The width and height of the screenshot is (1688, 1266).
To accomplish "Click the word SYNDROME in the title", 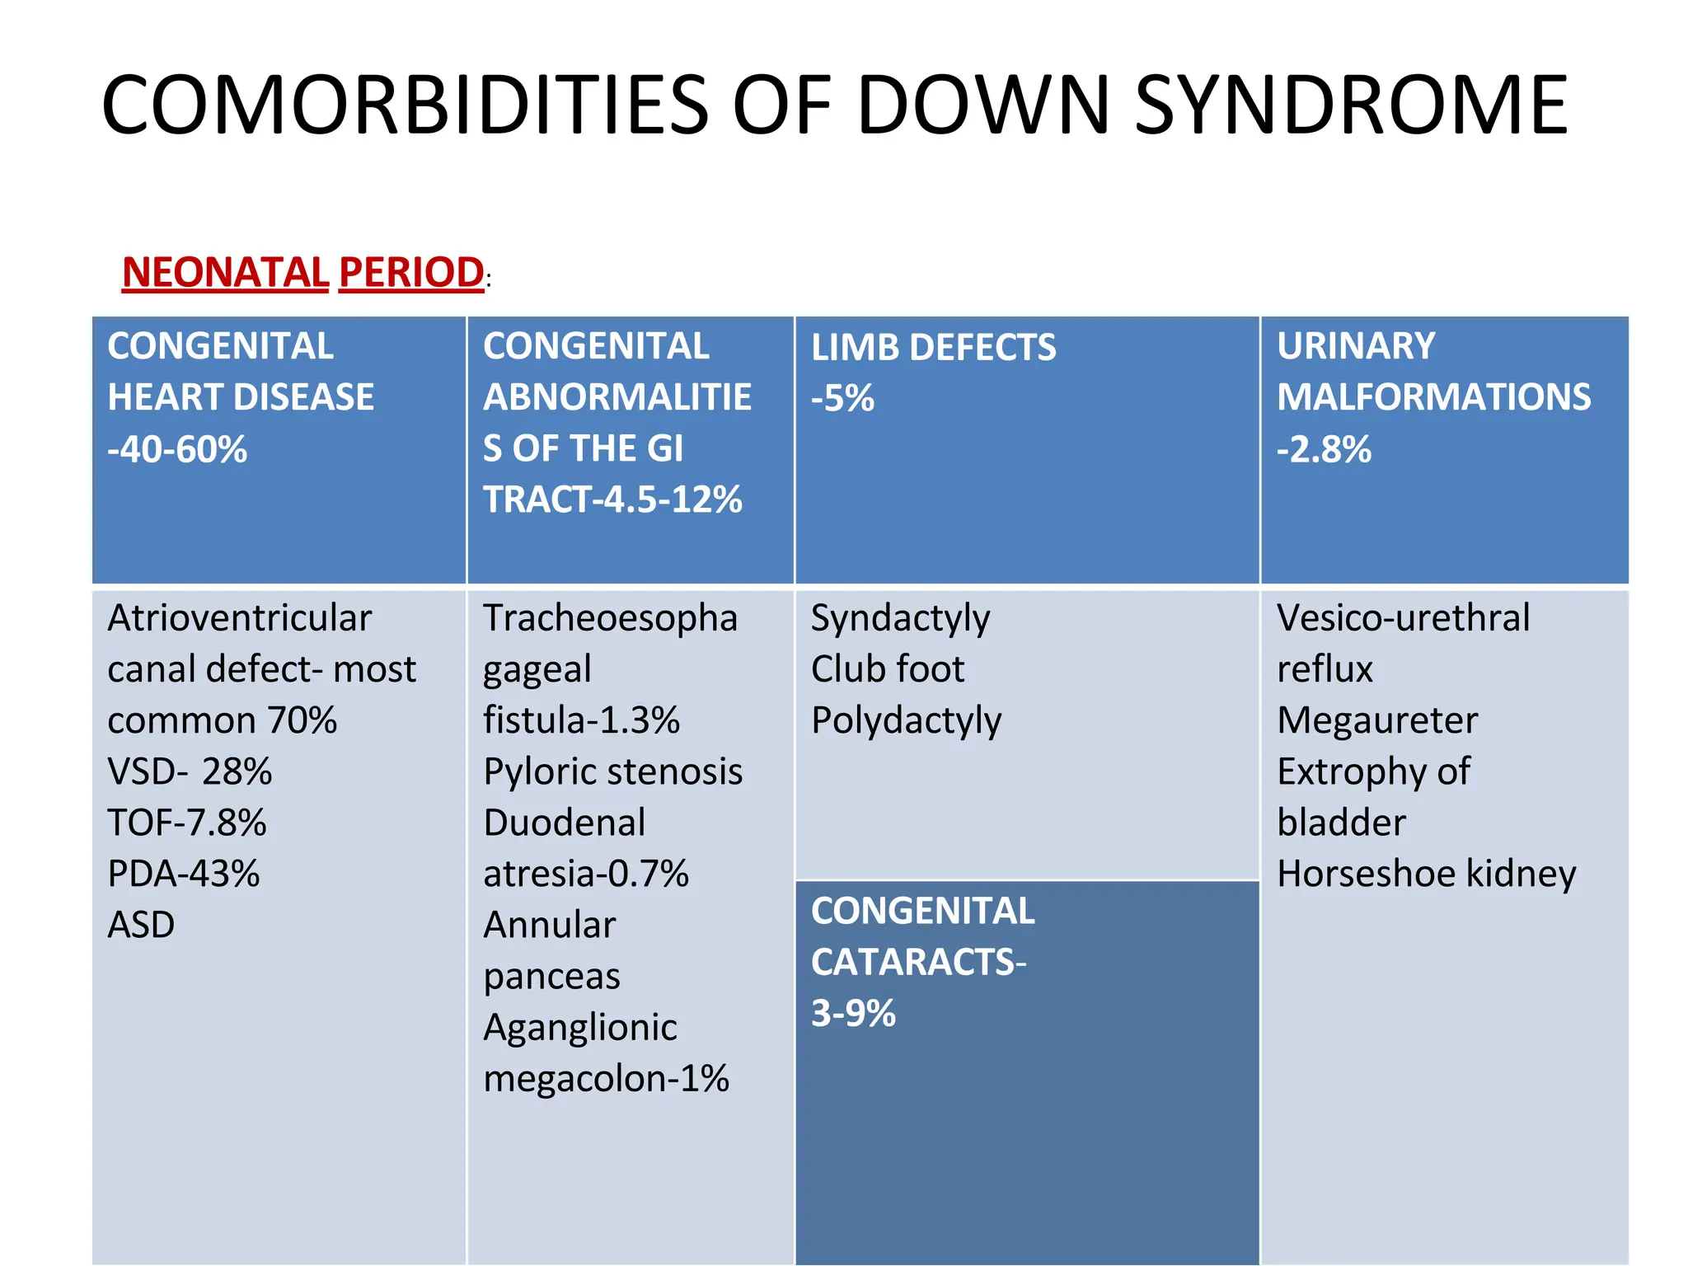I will pos(1351,105).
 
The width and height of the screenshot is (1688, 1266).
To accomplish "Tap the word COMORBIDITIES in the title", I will pos(405,105).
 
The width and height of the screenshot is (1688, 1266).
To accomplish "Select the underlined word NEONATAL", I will pos(226,272).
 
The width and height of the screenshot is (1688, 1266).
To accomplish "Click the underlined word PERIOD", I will pos(411,272).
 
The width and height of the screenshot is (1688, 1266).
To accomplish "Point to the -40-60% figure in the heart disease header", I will pos(177,449).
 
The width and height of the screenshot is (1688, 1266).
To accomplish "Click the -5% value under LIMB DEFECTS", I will pos(842,398).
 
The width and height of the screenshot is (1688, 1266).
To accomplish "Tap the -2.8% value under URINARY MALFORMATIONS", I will pos(1324,449).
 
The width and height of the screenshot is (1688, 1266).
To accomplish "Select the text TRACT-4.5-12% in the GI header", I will pos(612,499).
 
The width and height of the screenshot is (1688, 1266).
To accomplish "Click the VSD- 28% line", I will pos(190,771).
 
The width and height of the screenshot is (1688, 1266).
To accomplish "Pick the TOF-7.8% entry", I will pos(187,823).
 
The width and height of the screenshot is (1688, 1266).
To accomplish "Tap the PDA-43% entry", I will pos(184,874).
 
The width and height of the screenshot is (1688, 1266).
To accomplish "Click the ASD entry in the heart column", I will pos(141,925).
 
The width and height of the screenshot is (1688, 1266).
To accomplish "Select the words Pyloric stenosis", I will pos(613,771).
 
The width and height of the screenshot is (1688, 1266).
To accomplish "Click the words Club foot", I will pos(888,669).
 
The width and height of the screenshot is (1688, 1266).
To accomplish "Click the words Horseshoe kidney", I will pos(1427,874).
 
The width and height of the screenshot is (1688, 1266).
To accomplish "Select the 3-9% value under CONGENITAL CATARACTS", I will pos(853,1013).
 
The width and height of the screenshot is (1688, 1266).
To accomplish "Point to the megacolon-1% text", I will pos(606,1078).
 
